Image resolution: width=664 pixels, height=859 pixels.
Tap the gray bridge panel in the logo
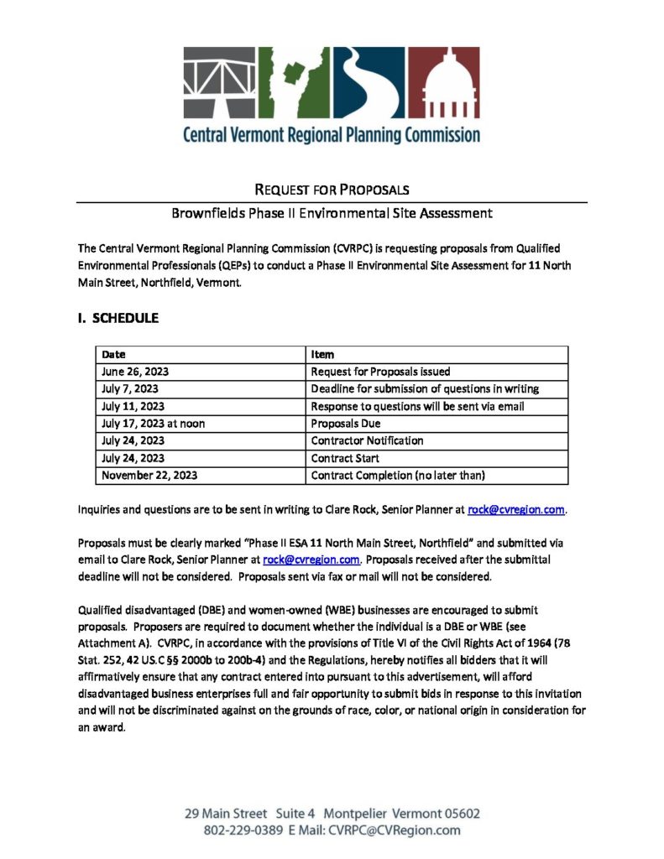221,84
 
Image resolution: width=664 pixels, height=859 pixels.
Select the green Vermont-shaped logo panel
296,84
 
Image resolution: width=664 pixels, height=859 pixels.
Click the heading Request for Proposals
332,190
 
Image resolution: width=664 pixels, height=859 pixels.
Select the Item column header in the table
322,355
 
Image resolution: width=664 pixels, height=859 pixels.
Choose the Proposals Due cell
346,424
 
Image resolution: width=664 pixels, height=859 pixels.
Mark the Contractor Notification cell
367,441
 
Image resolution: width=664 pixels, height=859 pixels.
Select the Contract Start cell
345,458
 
